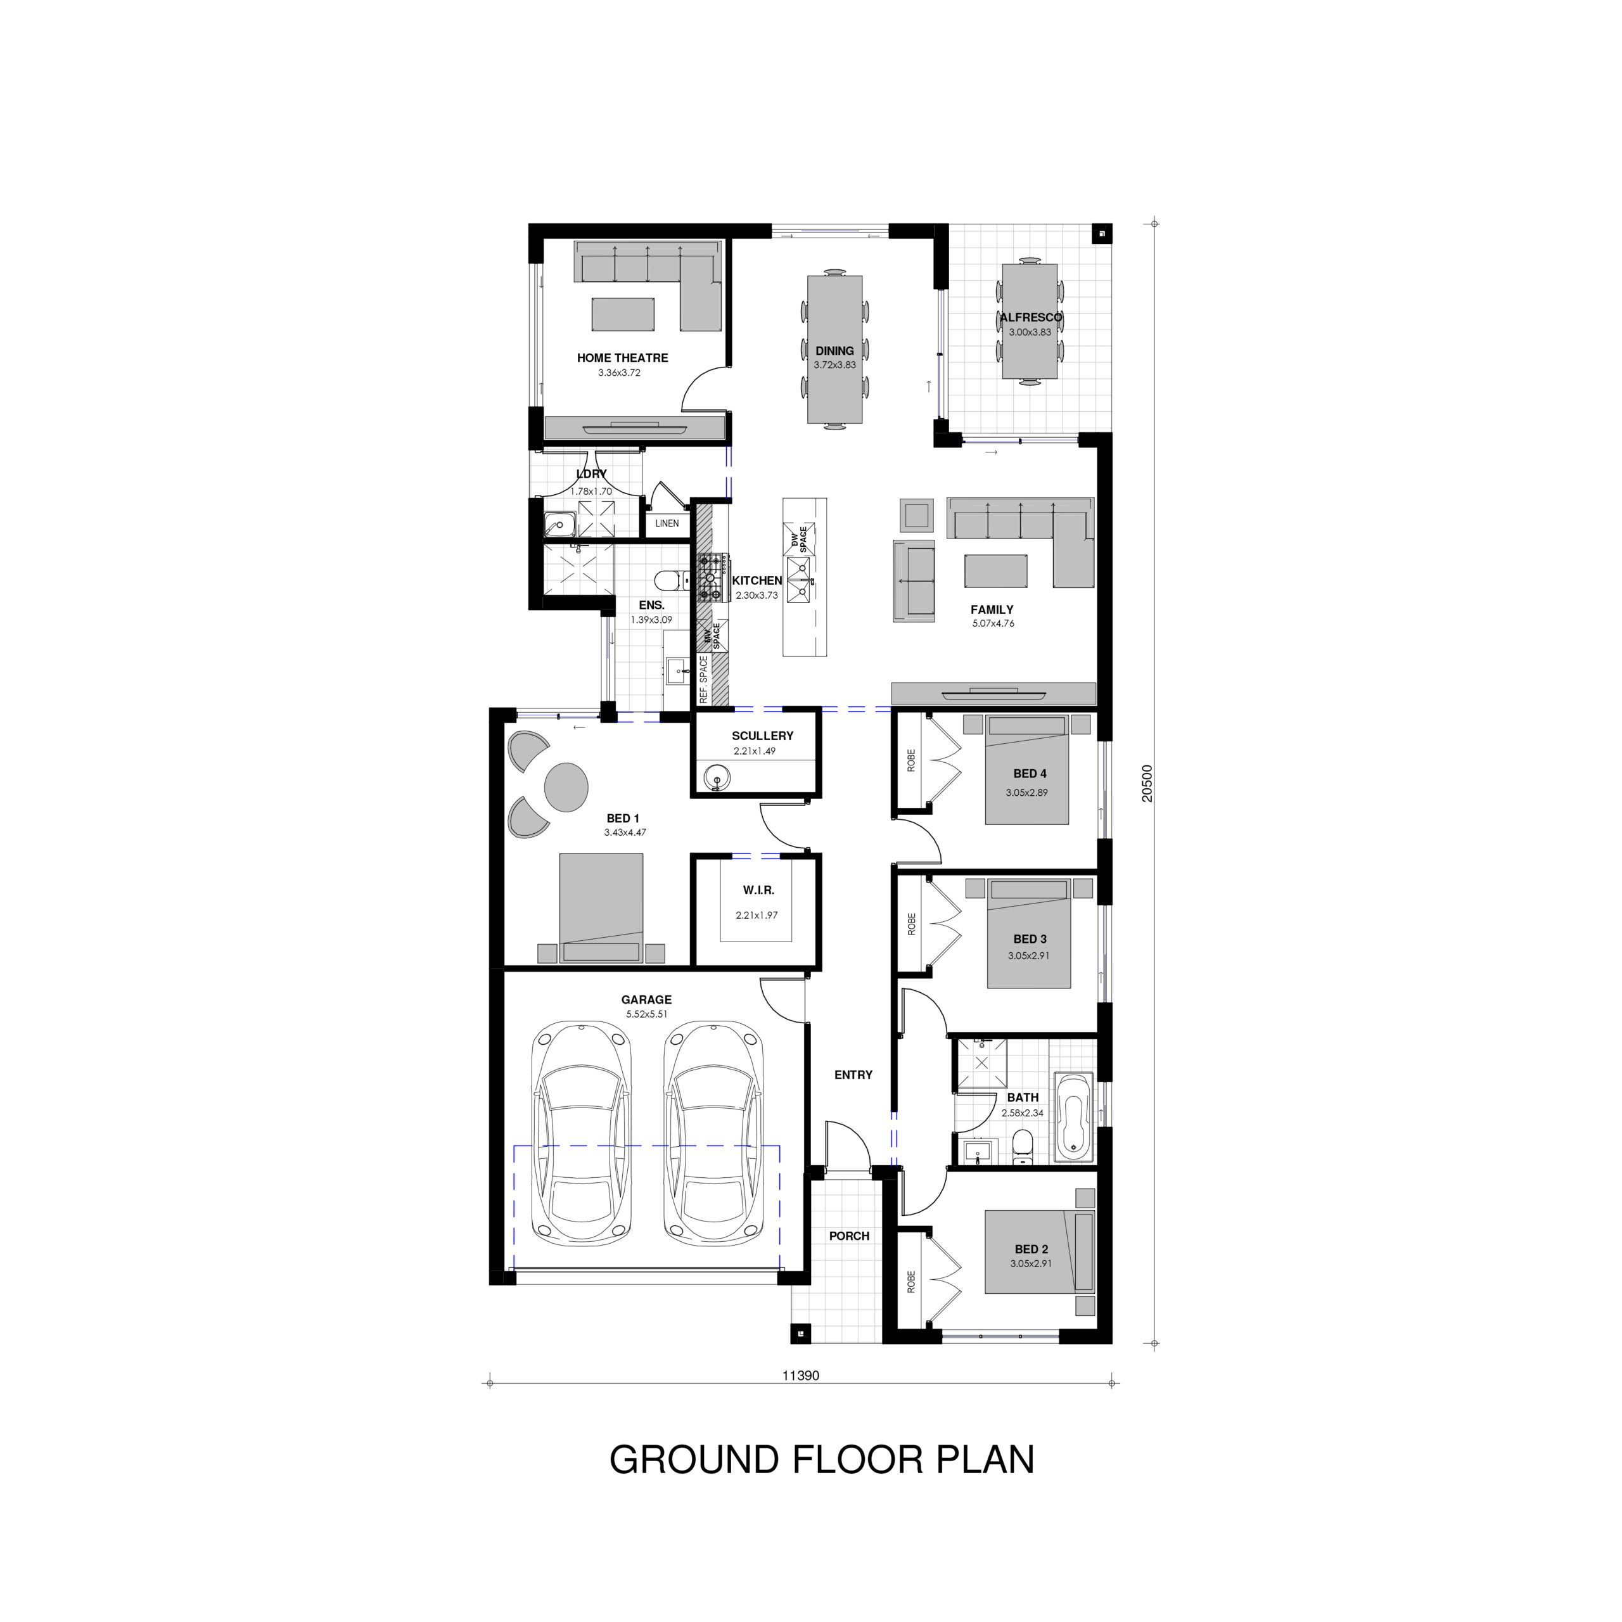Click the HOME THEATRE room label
(622, 357)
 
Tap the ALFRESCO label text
(1030, 317)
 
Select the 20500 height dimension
(1147, 782)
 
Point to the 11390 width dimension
(800, 1375)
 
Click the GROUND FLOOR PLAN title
(821, 1459)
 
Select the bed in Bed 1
(601, 907)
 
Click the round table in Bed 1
(566, 786)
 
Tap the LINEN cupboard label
(667, 523)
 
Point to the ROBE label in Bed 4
(911, 760)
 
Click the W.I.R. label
(758, 890)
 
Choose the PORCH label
(849, 1236)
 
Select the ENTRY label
(853, 1075)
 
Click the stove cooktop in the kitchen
(710, 578)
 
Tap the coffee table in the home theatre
(623, 313)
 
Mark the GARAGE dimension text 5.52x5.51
(646, 1014)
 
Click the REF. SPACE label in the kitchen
(703, 680)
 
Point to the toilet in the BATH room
(1022, 1147)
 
